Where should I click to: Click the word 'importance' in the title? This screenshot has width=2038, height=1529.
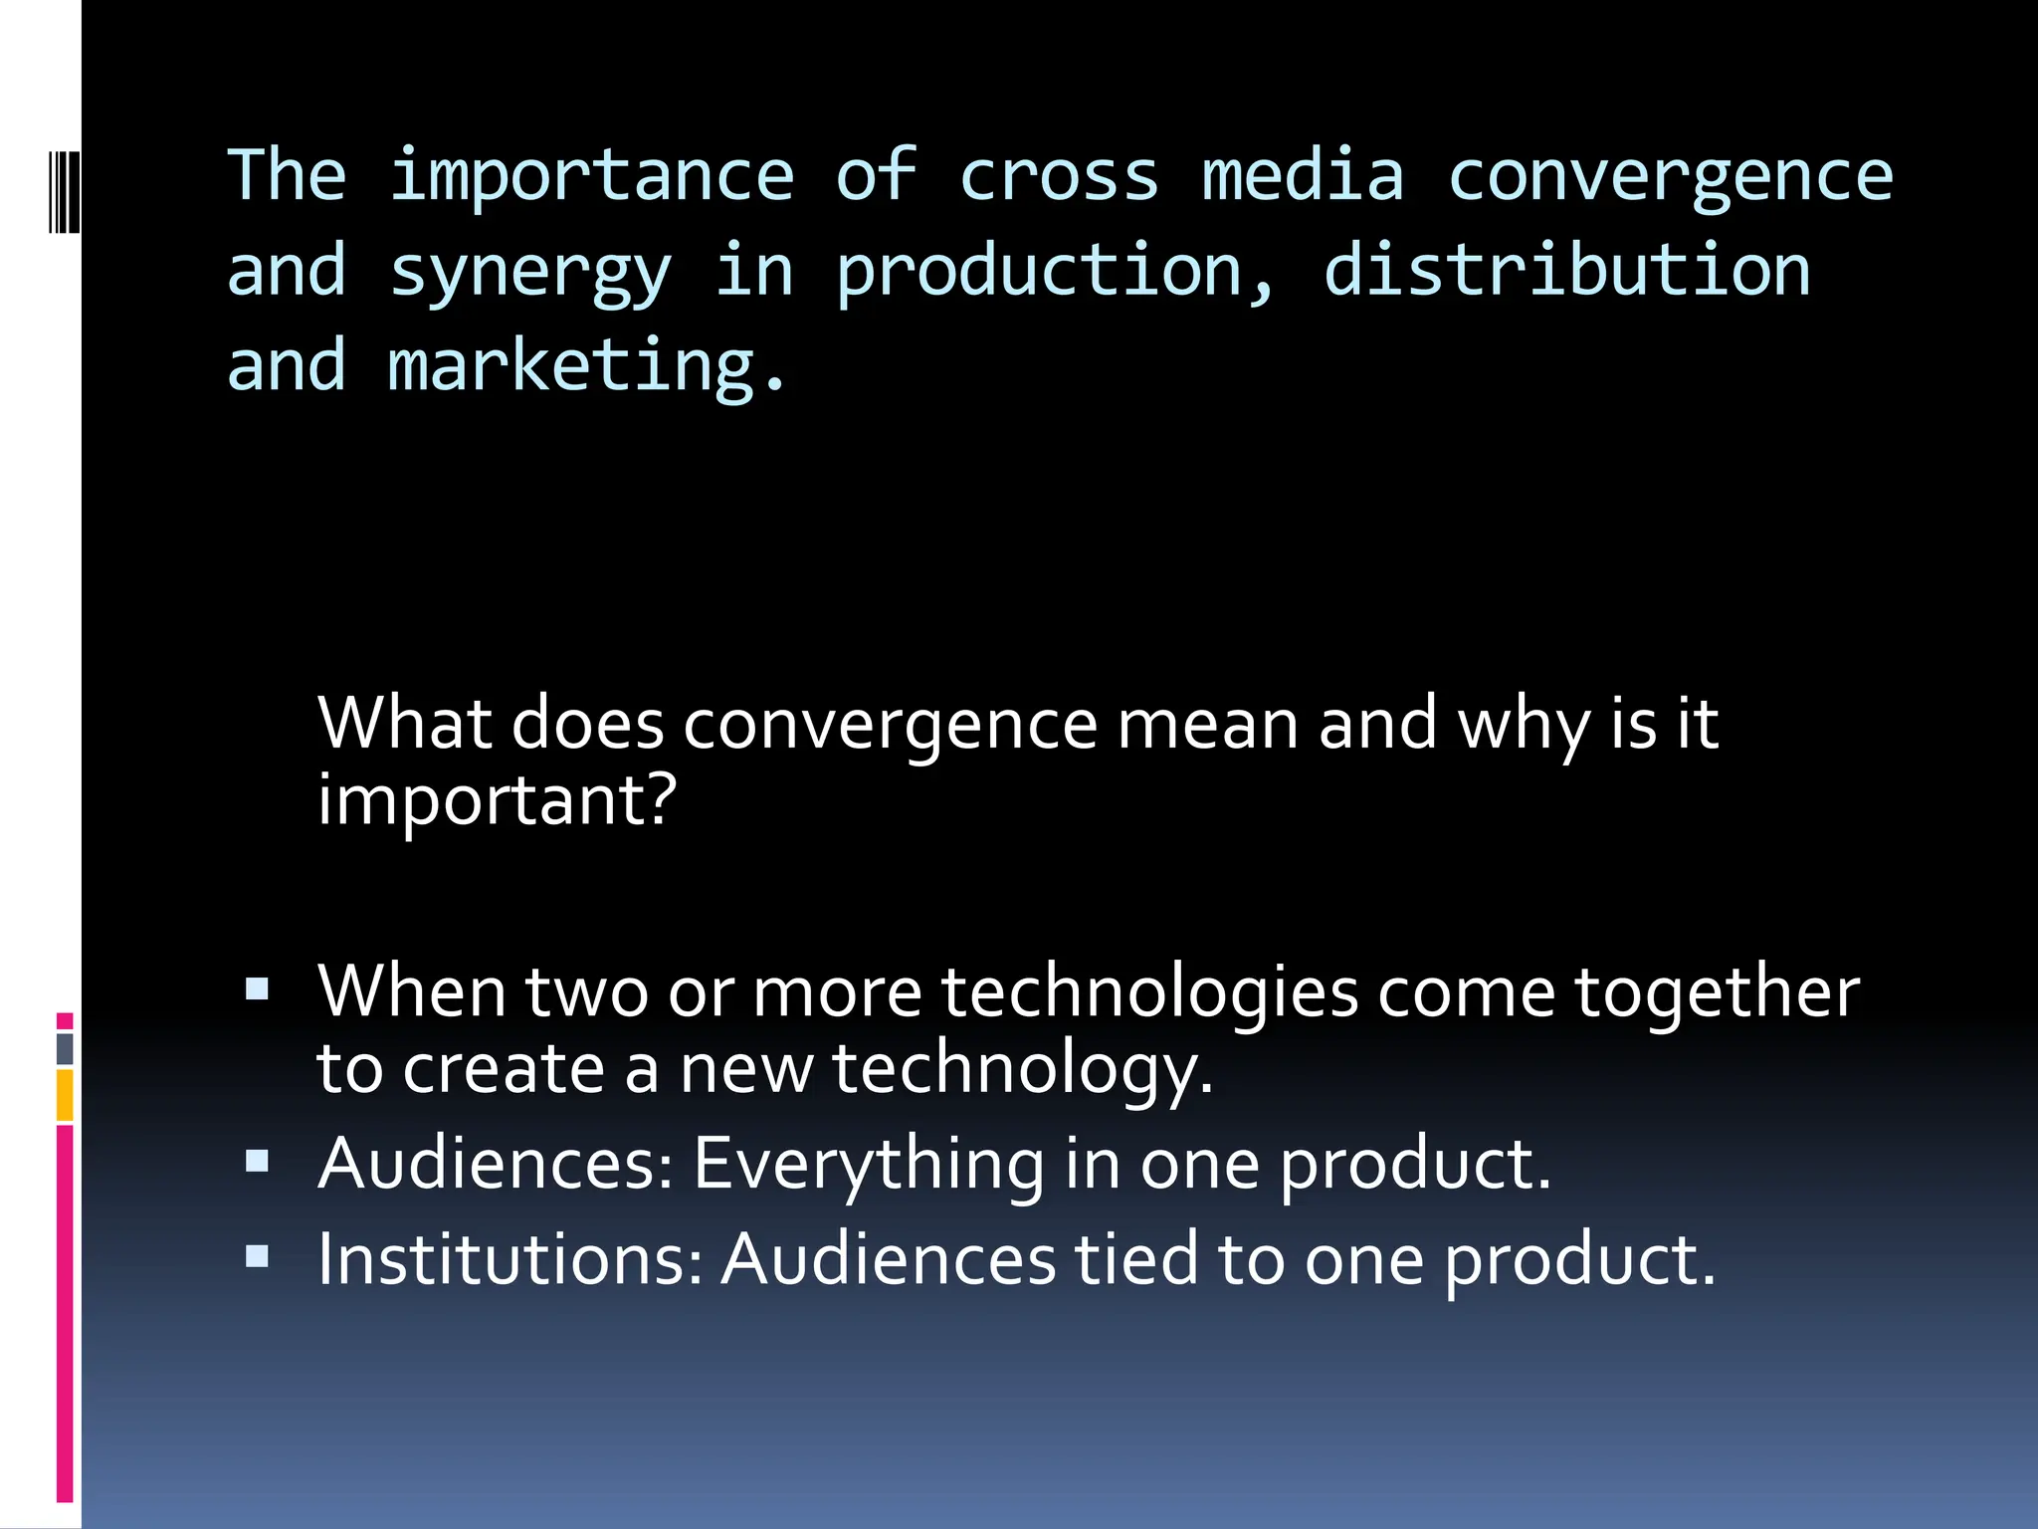pyautogui.click(x=591, y=177)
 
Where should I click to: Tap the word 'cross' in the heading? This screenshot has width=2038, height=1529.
pyautogui.click(x=1059, y=177)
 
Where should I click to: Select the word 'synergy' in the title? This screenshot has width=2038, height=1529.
pyautogui.click(x=530, y=273)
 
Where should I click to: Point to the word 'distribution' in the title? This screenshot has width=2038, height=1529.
pyautogui.click(x=1566, y=271)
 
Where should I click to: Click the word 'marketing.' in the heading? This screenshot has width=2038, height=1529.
pyautogui.click(x=587, y=366)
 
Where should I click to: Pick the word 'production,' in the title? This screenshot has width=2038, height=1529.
pyautogui.click(x=1055, y=273)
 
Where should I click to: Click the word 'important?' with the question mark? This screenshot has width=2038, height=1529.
pyautogui.click(x=497, y=800)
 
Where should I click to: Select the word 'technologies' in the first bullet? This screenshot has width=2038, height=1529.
pyautogui.click(x=1149, y=991)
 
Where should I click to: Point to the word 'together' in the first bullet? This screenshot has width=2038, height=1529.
pyautogui.click(x=1717, y=991)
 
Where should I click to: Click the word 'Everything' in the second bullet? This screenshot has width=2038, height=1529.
pyautogui.click(x=869, y=1163)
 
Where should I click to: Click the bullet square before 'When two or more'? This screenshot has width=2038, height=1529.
pyautogui.click(x=258, y=988)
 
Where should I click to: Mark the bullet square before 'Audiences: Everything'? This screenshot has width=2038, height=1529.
pyautogui.click(x=258, y=1161)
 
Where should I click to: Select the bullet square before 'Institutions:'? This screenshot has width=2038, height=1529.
pyautogui.click(x=258, y=1256)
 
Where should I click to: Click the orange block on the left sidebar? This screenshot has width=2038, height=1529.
pyautogui.click(x=65, y=1095)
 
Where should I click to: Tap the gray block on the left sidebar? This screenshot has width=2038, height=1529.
pyautogui.click(x=65, y=1048)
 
